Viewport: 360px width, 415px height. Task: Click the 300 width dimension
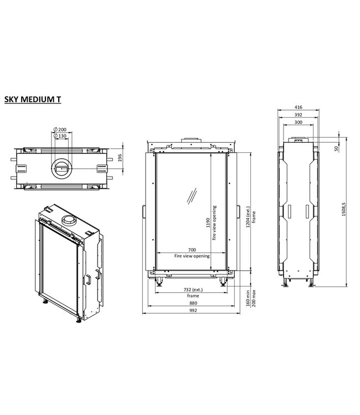point(298,122)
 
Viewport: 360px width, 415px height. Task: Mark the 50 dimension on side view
point(336,148)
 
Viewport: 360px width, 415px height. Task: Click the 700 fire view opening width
point(191,251)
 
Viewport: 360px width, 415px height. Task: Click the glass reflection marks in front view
point(192,197)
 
